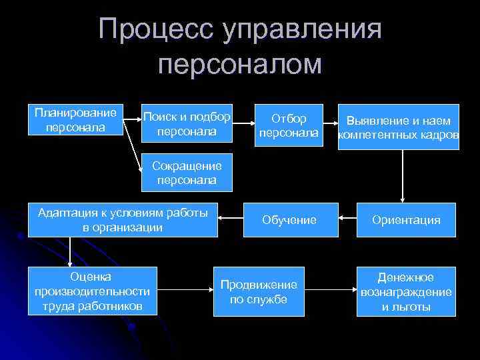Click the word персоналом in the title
[241, 65]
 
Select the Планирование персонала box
[75, 120]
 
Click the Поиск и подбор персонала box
[187, 125]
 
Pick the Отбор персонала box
[289, 125]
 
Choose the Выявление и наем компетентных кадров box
[399, 127]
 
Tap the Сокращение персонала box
[187, 172]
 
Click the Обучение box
[289, 219]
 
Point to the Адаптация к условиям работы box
[123, 219]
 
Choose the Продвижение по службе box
[259, 291]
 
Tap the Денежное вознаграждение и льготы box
[406, 291]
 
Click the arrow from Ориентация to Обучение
[347, 218]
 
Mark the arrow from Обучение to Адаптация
[230, 218]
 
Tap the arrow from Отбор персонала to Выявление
[329, 121]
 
